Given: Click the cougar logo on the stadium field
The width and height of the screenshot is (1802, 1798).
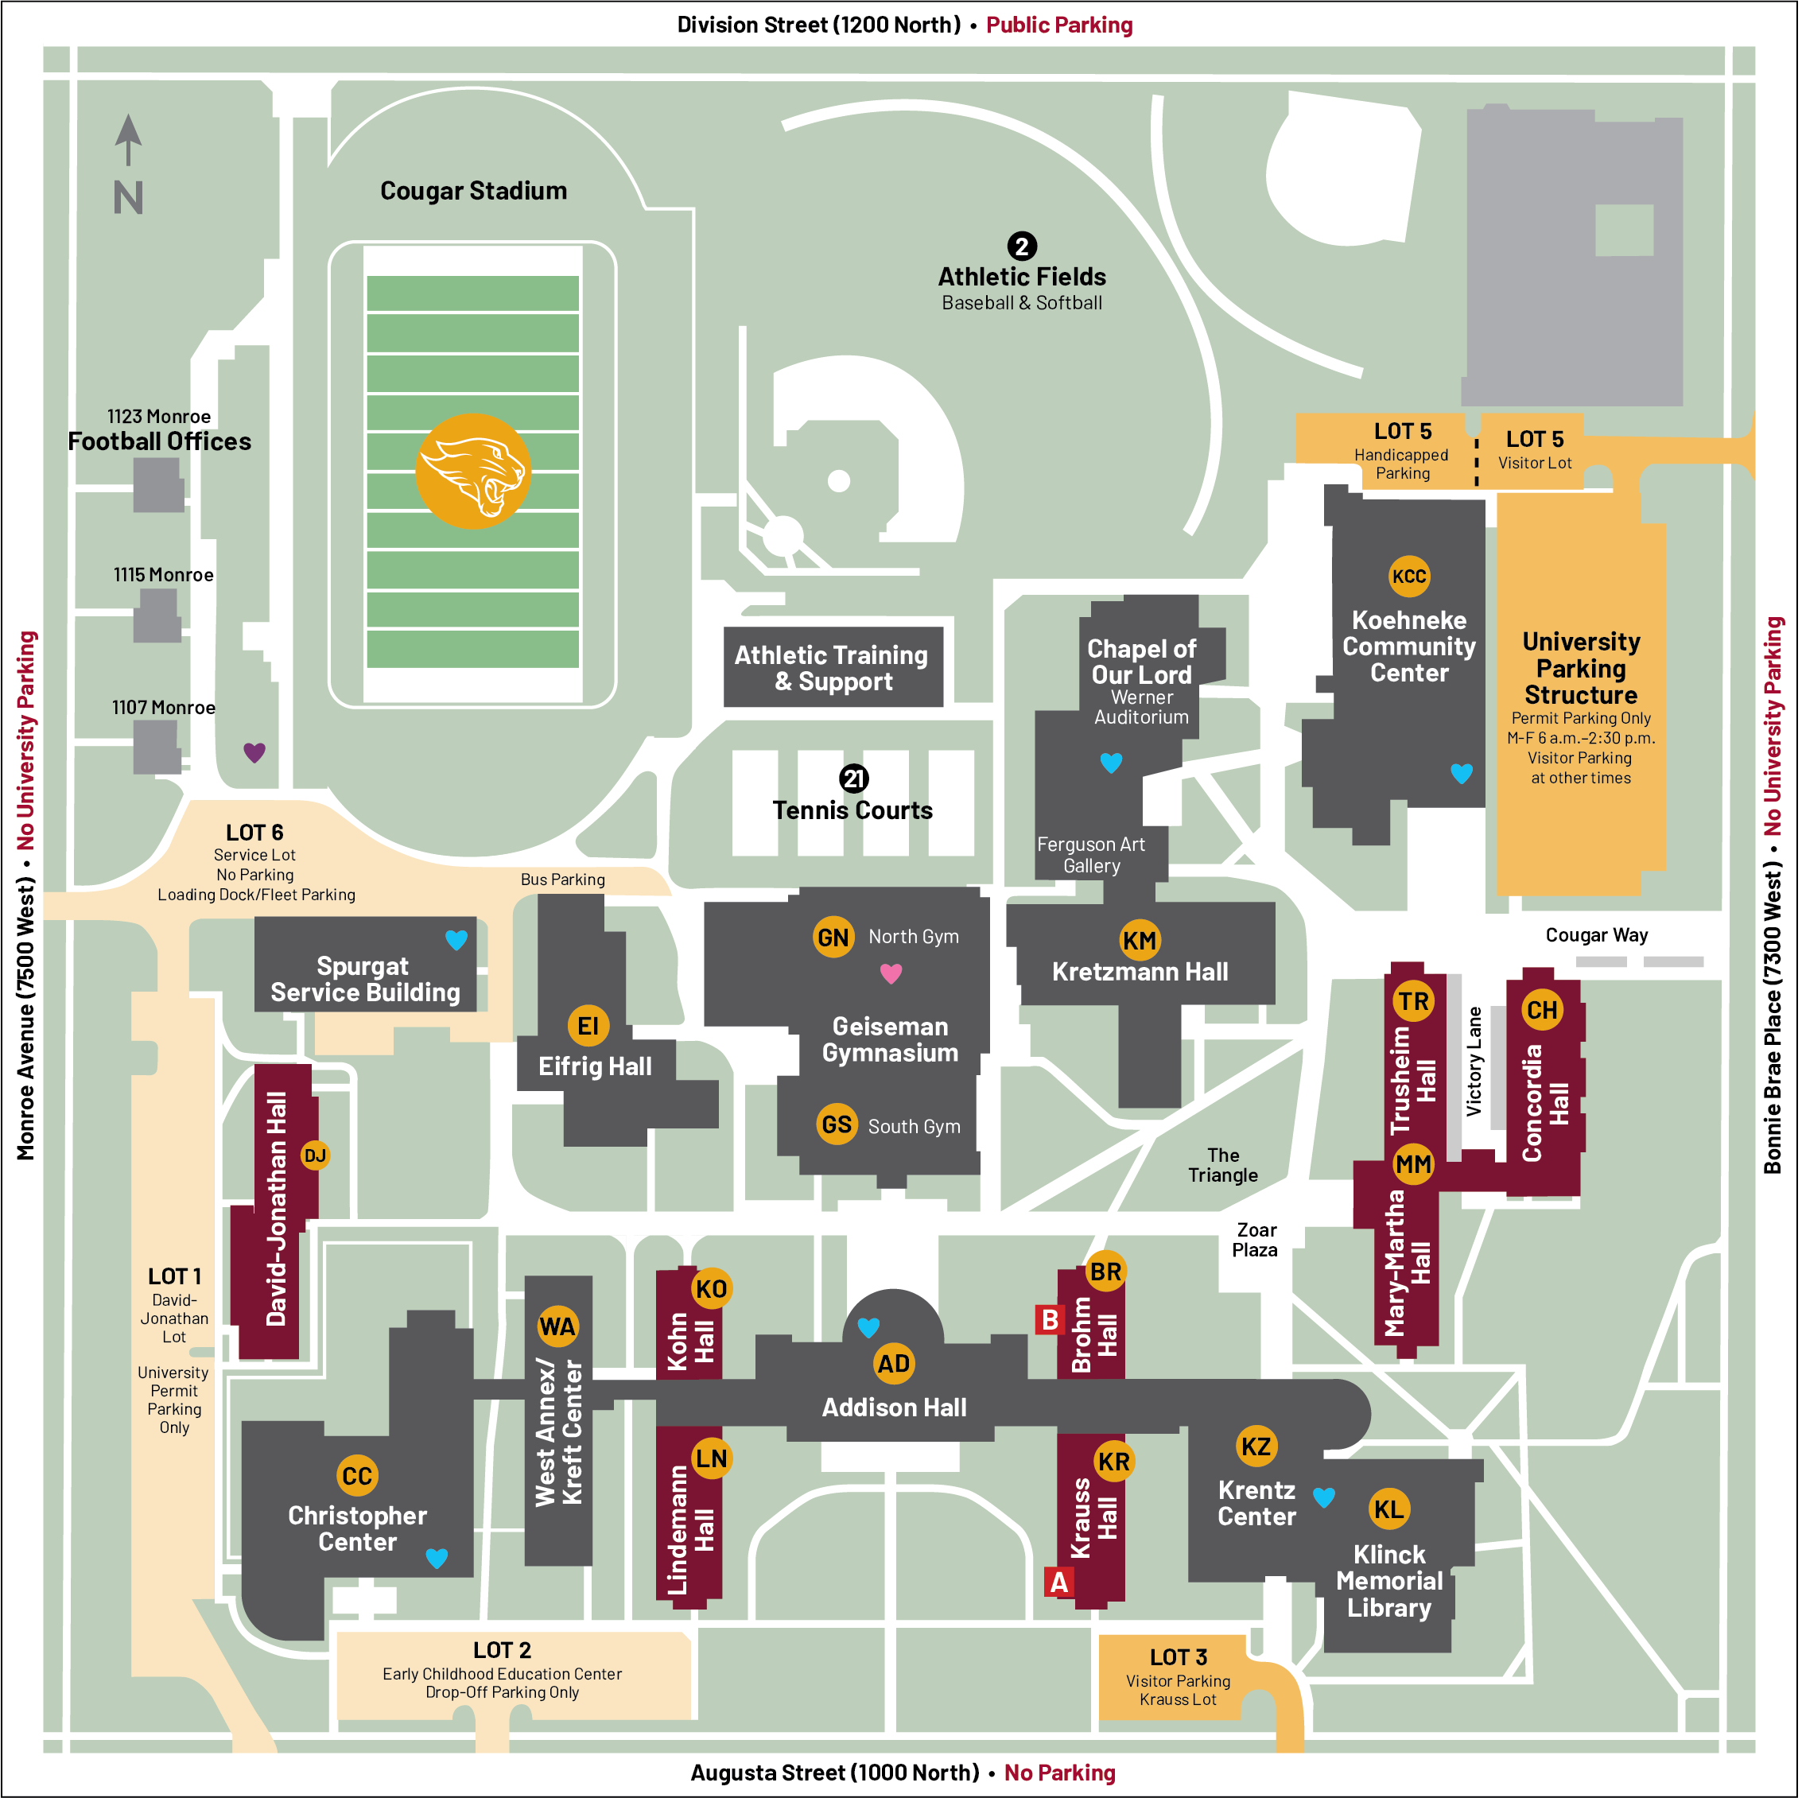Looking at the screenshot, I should (x=473, y=472).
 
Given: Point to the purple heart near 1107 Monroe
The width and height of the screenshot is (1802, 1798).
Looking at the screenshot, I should (x=254, y=752).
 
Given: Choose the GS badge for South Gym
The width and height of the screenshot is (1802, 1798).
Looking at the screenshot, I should (x=837, y=1124).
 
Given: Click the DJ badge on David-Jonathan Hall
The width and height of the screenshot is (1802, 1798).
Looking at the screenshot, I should (x=315, y=1156).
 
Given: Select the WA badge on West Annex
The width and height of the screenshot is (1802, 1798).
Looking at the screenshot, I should (x=557, y=1327).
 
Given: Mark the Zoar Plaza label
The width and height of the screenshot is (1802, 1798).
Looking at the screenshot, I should (x=1256, y=1241).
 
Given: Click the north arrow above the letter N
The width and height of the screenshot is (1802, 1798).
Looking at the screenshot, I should (x=129, y=140).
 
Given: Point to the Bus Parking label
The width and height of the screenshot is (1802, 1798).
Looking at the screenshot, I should (x=563, y=880).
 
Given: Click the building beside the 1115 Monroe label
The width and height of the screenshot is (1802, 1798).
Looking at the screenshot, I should (x=157, y=616).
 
